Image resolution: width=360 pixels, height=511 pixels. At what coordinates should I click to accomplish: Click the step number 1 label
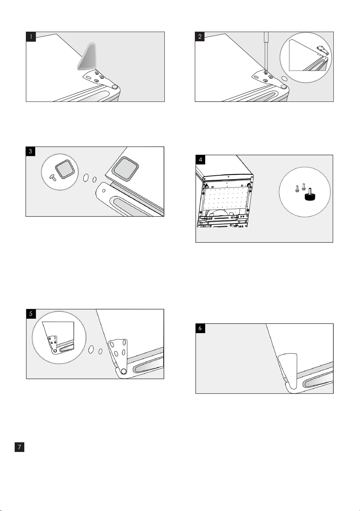31,37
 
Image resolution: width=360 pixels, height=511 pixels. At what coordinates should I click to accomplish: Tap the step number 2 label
200,37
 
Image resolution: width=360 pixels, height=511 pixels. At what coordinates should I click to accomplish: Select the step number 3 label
30,151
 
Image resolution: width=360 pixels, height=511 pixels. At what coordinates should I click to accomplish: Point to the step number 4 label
201,160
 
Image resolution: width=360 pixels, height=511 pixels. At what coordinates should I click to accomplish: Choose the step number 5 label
31,314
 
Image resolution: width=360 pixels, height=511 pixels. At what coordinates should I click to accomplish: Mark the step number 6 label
200,328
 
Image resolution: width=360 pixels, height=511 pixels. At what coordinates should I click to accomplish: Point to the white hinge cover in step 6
289,371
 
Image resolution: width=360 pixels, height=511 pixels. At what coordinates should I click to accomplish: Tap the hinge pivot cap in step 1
115,87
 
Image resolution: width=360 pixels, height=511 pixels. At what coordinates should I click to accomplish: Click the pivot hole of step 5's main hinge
123,371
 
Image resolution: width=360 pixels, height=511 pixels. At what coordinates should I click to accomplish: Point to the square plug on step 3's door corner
125,169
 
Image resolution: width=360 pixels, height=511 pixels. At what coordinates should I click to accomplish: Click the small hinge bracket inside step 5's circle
53,343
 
